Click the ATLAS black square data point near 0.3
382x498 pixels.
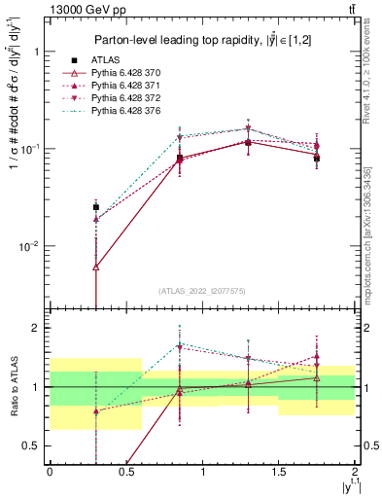click(x=95, y=206)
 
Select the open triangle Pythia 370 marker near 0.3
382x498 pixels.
click(x=95, y=267)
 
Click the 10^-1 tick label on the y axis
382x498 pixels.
click(x=29, y=149)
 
